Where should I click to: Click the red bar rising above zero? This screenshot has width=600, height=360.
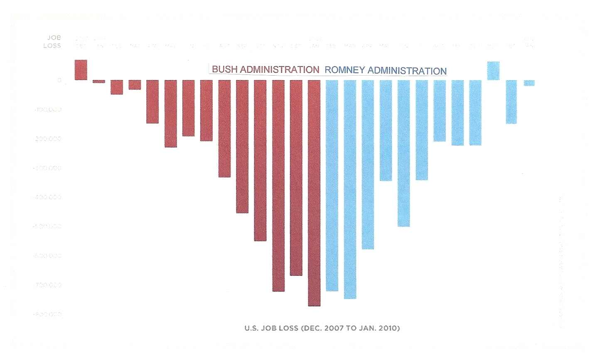[81, 70]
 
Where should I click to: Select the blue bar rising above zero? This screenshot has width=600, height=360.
[493, 71]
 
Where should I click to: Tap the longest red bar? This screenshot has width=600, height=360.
[314, 193]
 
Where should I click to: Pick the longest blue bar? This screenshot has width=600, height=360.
[350, 189]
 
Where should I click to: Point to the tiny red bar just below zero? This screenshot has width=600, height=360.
[99, 81]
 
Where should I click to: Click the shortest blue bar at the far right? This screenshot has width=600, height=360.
[529, 83]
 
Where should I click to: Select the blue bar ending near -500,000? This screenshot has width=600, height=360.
[403, 153]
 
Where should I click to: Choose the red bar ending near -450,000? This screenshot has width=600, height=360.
[242, 146]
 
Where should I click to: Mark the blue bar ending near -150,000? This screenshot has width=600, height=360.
[511, 102]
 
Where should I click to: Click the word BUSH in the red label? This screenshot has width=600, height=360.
[224, 69]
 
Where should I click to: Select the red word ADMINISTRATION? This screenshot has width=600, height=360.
[280, 69]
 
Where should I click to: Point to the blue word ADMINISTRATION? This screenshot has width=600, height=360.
[407, 71]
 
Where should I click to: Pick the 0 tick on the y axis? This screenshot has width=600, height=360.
[59, 80]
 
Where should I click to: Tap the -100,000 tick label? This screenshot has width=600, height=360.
[47, 110]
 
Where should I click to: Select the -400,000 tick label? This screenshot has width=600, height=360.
[47, 197]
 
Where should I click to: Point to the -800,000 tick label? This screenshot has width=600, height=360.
[47, 314]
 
